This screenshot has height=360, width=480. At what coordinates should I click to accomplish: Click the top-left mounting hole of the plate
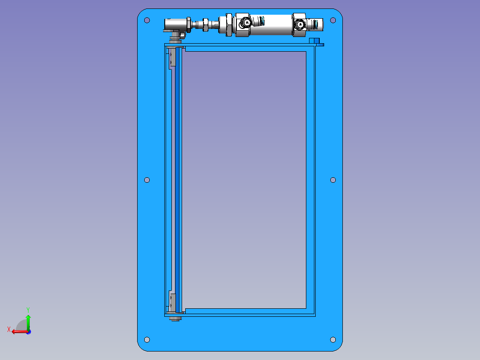click(147, 20)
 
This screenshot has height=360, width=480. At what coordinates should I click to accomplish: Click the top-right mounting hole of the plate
click(333, 20)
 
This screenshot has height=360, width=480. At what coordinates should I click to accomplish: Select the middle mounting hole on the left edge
click(147, 180)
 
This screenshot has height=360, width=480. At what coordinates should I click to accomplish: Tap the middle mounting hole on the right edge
click(333, 180)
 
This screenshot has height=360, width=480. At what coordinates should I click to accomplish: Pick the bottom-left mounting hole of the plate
click(147, 340)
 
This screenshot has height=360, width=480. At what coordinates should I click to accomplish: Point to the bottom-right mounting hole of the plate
click(333, 340)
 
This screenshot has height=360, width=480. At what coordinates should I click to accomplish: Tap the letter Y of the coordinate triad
click(28, 310)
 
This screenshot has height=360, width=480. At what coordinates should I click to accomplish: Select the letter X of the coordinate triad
click(9, 329)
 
